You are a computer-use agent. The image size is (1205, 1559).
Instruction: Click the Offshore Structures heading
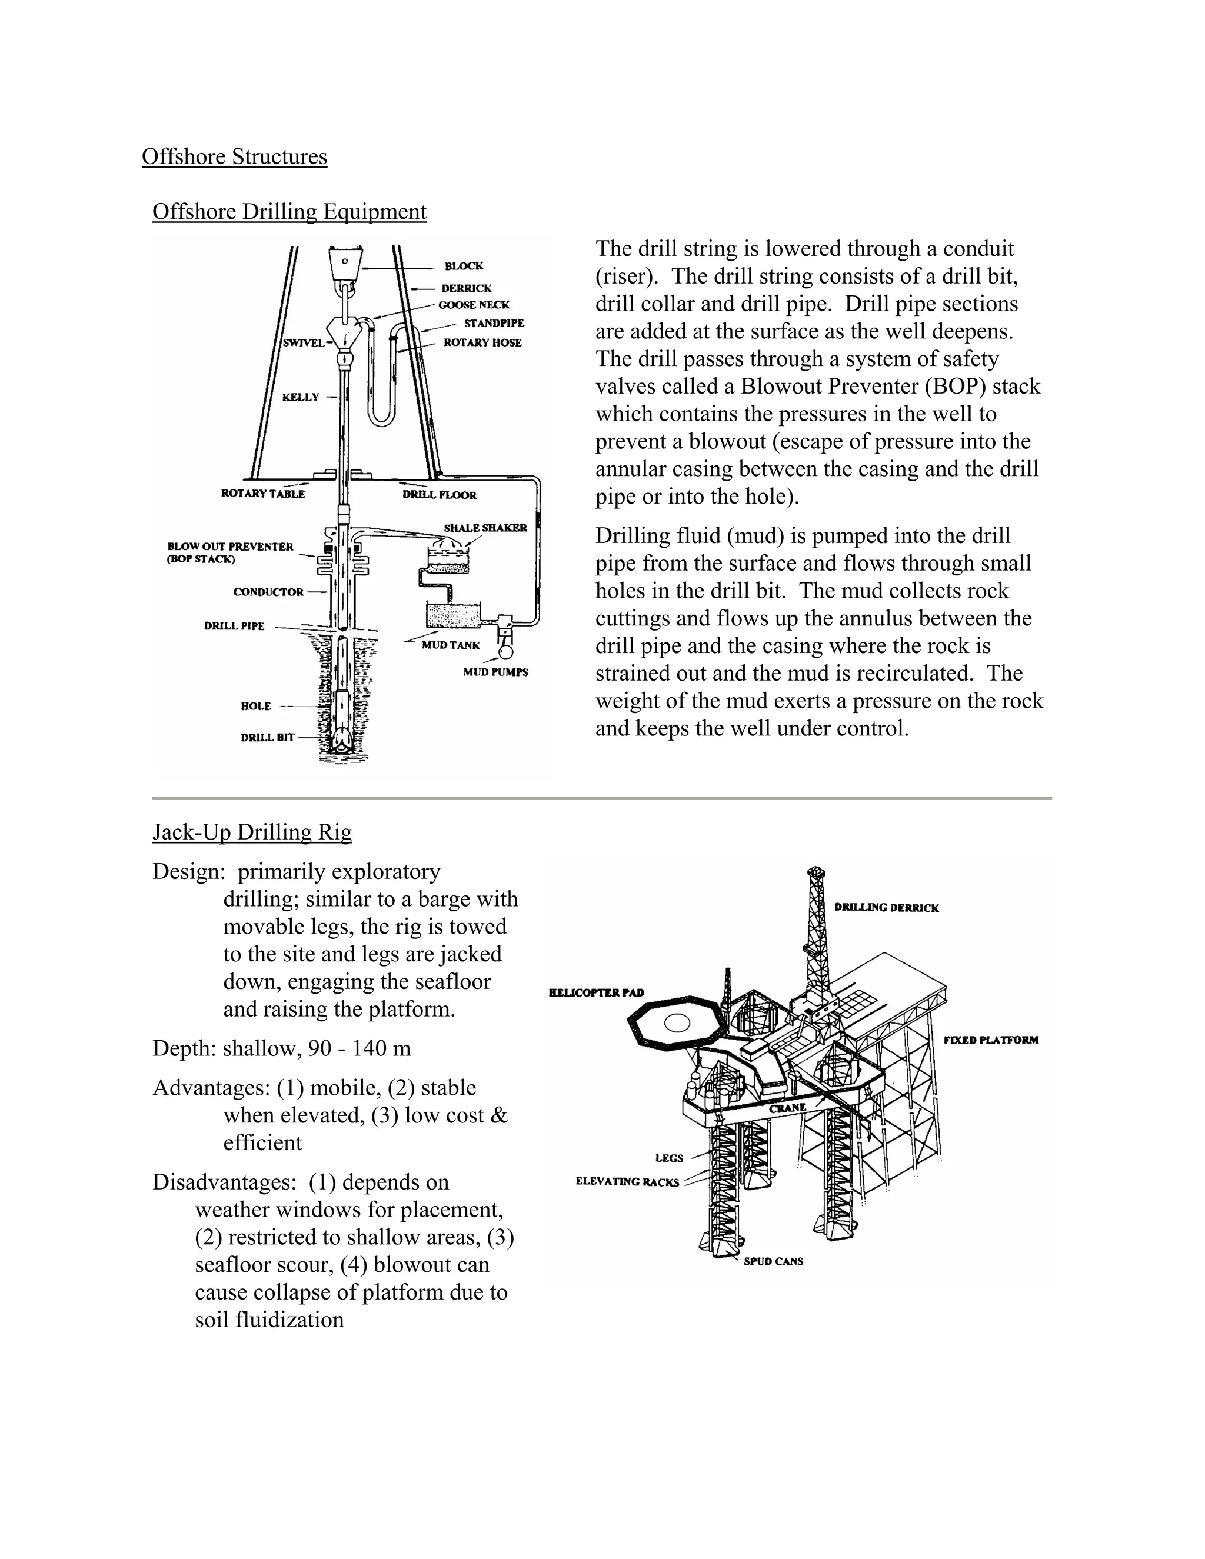[x=234, y=156]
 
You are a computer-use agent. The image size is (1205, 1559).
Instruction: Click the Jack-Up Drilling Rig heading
[x=252, y=832]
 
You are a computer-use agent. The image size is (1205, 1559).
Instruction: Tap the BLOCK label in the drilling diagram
[x=464, y=267]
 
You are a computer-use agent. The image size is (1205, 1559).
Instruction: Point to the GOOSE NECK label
[x=474, y=305]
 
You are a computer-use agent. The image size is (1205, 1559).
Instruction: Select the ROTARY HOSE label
[x=482, y=342]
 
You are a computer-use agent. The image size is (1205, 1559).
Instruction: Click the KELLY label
[x=301, y=397]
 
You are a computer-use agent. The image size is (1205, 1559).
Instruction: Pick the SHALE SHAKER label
[x=485, y=528]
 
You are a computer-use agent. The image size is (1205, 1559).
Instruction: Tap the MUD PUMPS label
[x=495, y=672]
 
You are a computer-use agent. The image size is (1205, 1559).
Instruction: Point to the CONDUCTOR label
[x=268, y=592]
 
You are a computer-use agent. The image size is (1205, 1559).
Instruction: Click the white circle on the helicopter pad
[x=676, y=1024]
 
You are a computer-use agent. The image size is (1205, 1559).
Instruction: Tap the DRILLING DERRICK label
[x=887, y=908]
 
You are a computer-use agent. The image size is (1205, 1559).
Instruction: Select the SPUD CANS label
[x=773, y=1261]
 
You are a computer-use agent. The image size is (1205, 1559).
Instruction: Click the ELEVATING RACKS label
[x=627, y=1182]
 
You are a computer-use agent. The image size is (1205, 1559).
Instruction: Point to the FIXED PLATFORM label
[x=991, y=1040]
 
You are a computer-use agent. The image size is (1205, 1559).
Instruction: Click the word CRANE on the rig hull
[x=787, y=1108]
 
